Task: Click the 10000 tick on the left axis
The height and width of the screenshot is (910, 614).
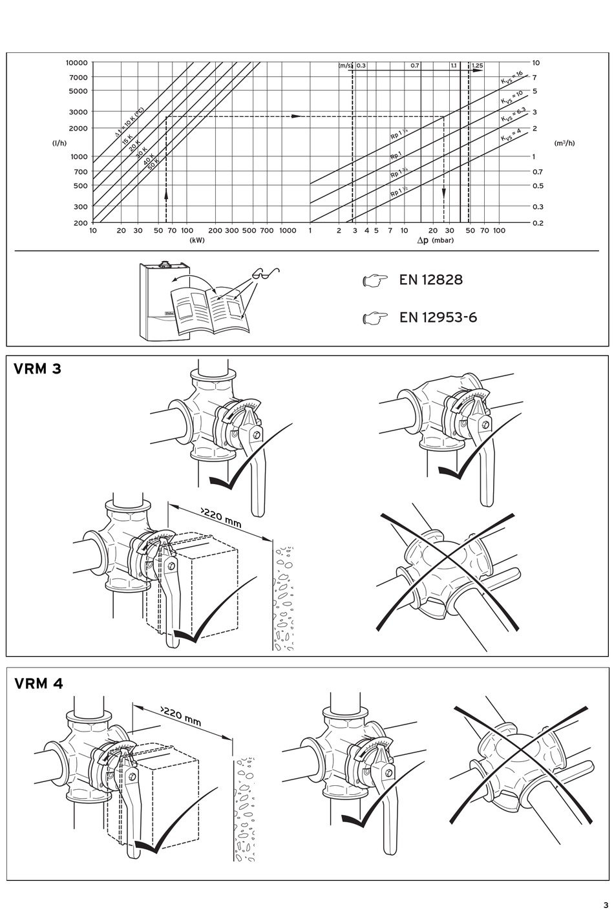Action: point(76,63)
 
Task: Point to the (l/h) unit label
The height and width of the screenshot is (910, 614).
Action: point(59,143)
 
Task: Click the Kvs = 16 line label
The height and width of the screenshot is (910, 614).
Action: point(511,78)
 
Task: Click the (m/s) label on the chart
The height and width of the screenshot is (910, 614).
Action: point(345,66)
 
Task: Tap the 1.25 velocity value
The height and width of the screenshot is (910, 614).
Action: point(477,66)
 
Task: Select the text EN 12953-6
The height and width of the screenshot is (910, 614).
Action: point(438,317)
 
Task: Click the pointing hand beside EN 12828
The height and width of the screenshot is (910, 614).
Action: point(375,280)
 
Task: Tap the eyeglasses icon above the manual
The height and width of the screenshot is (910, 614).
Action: point(265,273)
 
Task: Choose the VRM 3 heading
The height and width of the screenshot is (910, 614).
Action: point(37,370)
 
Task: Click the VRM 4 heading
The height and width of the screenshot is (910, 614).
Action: point(39,683)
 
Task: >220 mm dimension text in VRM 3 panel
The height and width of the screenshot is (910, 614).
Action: point(221,518)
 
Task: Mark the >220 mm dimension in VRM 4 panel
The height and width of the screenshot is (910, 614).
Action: point(181,714)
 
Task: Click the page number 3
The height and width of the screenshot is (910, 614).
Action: point(606,904)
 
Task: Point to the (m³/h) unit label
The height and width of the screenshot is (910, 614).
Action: point(564,143)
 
